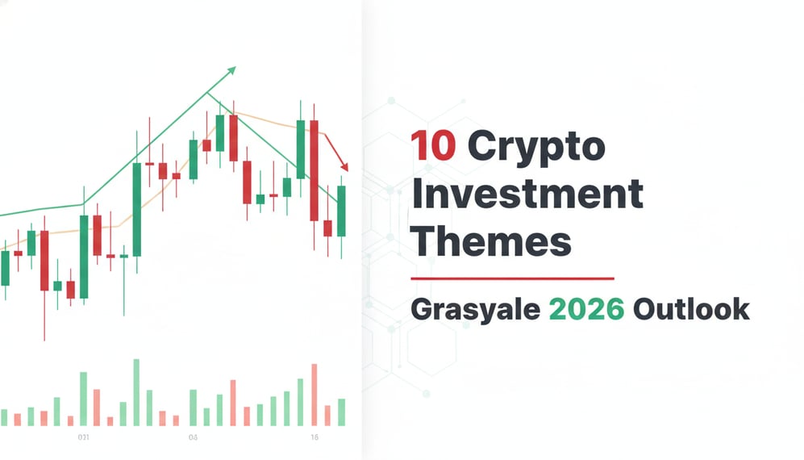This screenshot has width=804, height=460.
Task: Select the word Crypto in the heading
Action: point(536,148)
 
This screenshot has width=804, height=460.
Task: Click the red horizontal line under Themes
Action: point(512,278)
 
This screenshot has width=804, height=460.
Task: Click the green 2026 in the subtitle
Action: point(586,309)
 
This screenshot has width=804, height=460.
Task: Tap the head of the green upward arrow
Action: point(232,70)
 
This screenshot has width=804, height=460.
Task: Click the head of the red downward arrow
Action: point(344,167)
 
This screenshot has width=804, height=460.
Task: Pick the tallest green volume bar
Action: point(136,392)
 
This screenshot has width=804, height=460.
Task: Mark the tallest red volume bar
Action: point(314,395)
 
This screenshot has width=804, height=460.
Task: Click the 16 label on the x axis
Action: point(315,437)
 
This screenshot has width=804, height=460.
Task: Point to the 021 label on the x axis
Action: point(82,437)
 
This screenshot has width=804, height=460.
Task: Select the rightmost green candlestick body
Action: point(341,211)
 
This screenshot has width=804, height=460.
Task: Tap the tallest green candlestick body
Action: point(136,209)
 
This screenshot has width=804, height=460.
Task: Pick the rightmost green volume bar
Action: point(341,412)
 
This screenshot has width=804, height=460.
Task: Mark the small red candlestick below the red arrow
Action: point(327,228)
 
